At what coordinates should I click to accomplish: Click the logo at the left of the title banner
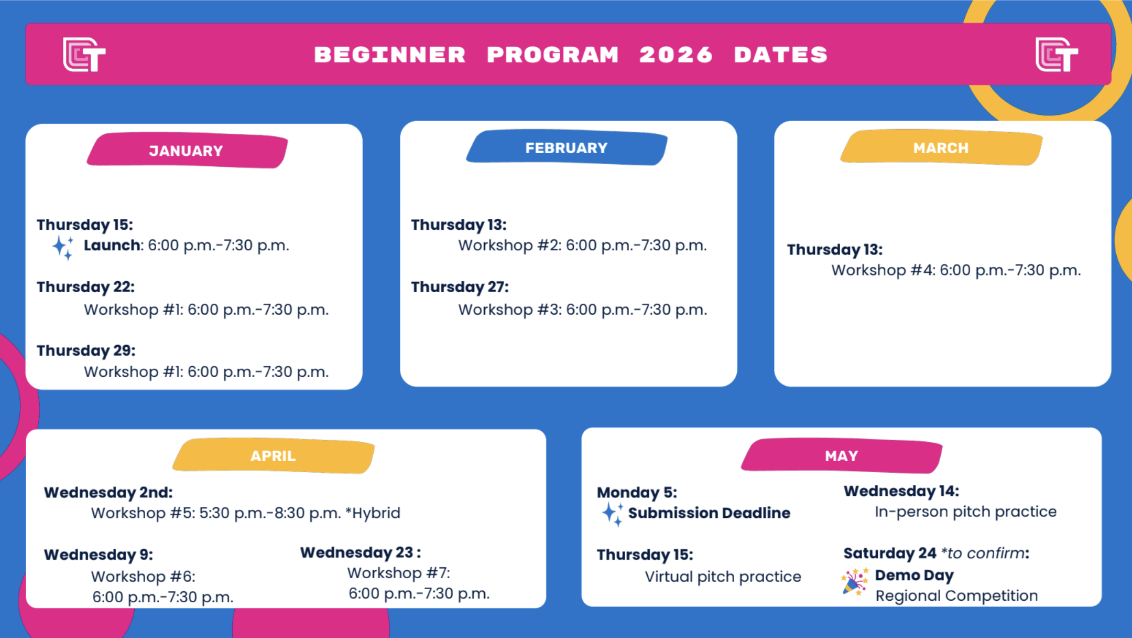[x=84, y=55]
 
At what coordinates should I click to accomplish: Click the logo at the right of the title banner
[x=1057, y=55]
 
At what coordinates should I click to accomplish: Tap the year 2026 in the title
[x=676, y=55]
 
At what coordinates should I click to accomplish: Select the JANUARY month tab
[x=187, y=151]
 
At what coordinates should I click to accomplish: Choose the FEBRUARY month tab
[x=566, y=148]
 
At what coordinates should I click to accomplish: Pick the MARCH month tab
[x=941, y=148]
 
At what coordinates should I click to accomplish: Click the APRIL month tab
[x=273, y=455]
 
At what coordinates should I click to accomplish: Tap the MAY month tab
[x=841, y=455]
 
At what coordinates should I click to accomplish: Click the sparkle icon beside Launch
[x=63, y=247]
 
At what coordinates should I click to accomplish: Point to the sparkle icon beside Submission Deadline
[x=612, y=514]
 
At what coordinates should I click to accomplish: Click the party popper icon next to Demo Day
[x=854, y=581]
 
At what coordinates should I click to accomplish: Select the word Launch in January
[x=112, y=245]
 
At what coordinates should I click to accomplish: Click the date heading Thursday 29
[x=86, y=350]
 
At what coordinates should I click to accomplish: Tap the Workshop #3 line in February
[x=582, y=310]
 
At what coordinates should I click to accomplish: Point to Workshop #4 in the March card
[x=955, y=270]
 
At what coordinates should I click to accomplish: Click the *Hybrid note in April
[x=373, y=513]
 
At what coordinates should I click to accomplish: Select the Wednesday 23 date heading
[x=360, y=552]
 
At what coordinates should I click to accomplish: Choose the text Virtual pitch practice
[x=723, y=577]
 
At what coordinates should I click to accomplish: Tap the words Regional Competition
[x=956, y=596]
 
